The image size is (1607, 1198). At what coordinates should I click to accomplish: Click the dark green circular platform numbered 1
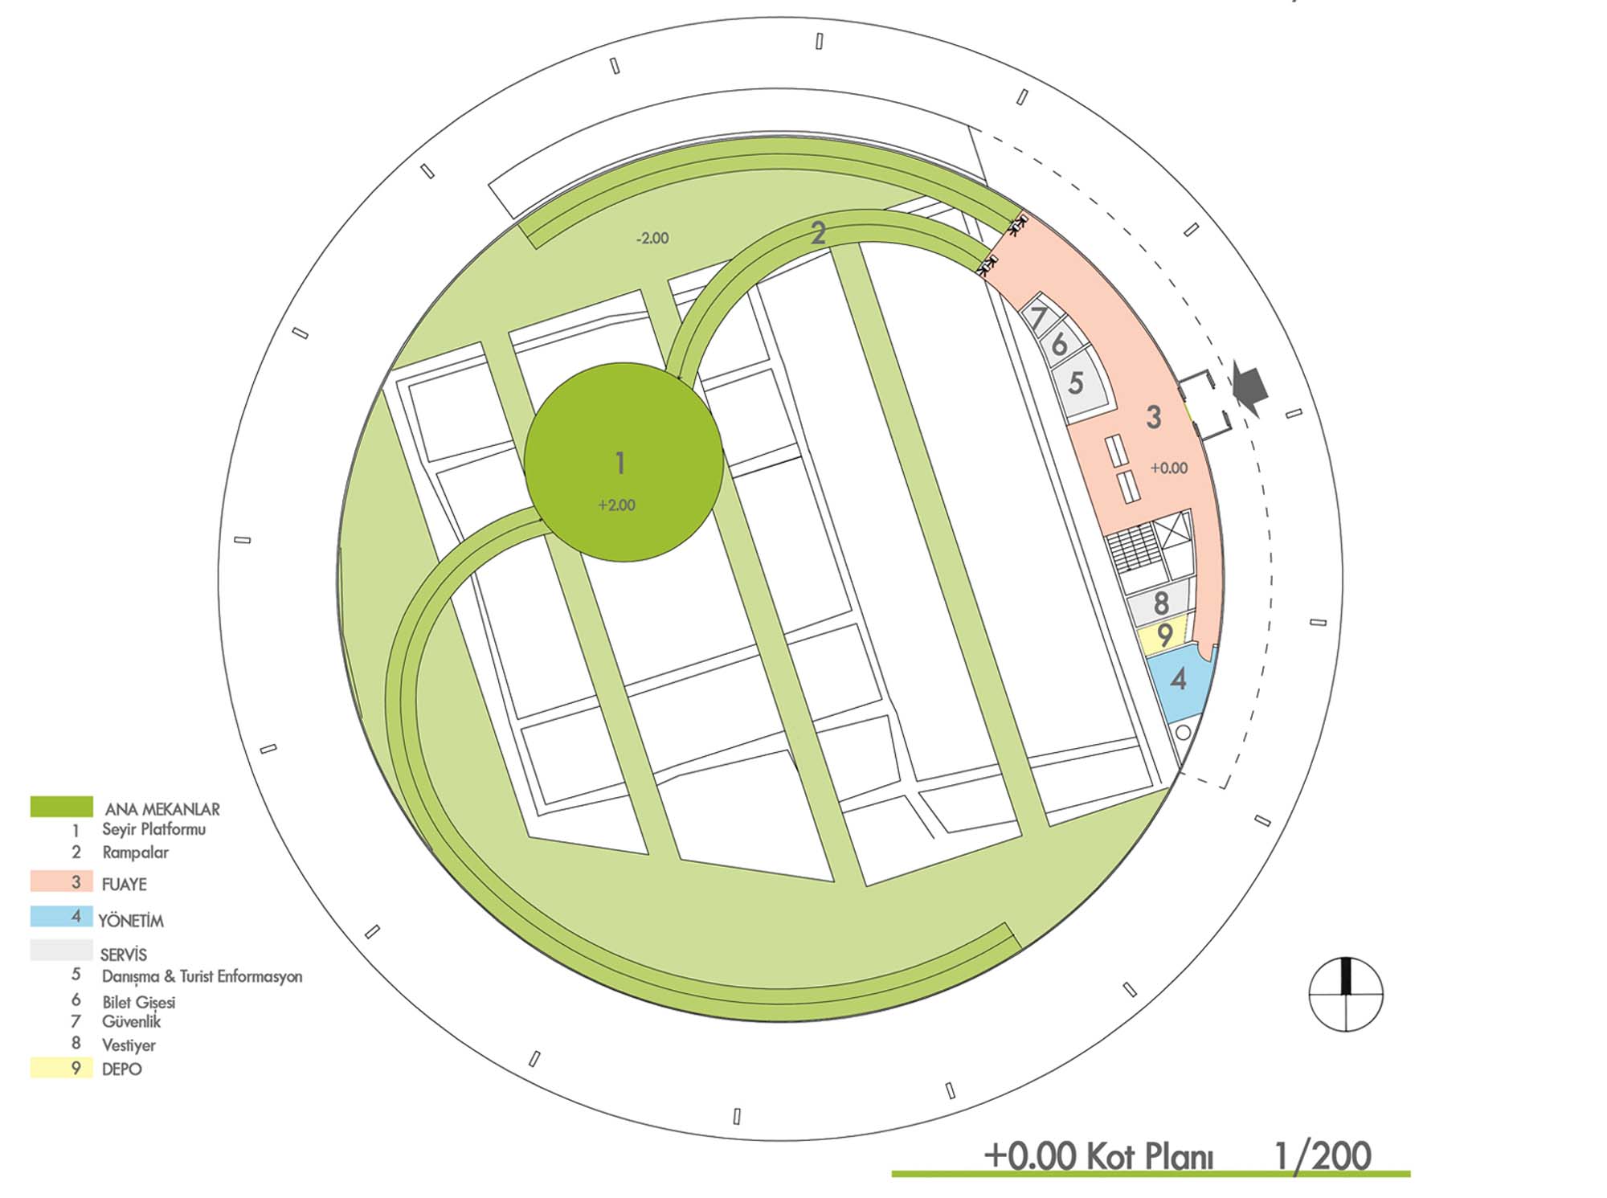point(624,462)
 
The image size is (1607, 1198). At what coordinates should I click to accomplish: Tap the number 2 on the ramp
point(818,233)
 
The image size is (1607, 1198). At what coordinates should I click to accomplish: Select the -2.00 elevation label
point(652,239)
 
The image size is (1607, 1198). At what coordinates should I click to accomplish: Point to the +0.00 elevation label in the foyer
point(1169,468)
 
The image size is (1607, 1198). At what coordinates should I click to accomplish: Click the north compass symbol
point(1346,995)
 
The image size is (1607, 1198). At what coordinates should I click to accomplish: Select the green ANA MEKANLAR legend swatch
point(61,807)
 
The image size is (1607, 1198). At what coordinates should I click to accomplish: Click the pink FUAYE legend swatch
point(61,881)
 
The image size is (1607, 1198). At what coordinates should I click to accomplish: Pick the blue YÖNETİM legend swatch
point(61,917)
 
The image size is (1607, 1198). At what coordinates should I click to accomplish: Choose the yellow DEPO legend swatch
point(61,1068)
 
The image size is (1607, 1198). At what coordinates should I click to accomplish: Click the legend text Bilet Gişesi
point(138,1002)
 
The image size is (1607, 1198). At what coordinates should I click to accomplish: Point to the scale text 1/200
point(1323,1156)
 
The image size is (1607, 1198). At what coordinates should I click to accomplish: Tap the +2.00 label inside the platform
point(616,505)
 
